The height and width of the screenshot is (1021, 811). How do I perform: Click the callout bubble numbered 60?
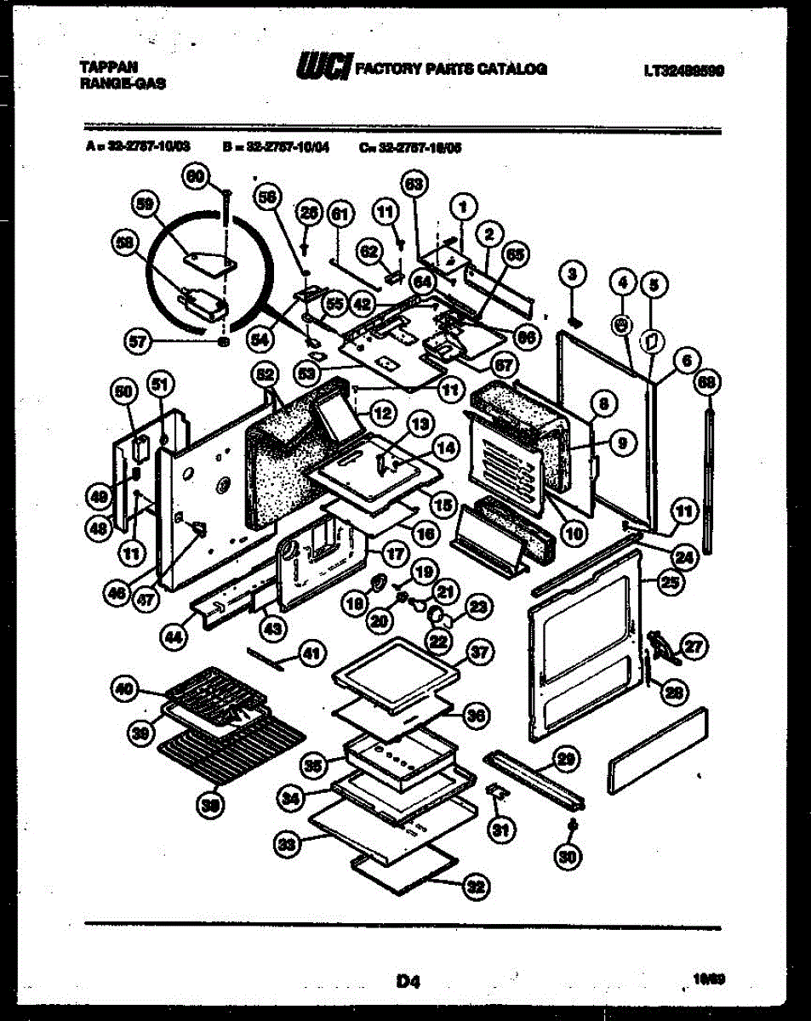click(x=197, y=177)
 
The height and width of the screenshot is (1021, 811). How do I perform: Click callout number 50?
click(x=124, y=391)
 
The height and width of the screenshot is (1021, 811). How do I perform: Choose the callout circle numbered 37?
click(x=480, y=653)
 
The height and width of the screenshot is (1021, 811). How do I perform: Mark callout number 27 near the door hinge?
click(x=694, y=647)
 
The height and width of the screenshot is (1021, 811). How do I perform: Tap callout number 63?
click(x=414, y=185)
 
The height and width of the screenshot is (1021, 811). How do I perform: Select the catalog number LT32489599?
click(x=684, y=71)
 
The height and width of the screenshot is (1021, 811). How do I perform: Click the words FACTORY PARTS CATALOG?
click(x=451, y=70)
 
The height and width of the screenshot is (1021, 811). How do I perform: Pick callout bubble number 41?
click(x=312, y=654)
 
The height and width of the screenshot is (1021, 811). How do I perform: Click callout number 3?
click(x=573, y=274)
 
